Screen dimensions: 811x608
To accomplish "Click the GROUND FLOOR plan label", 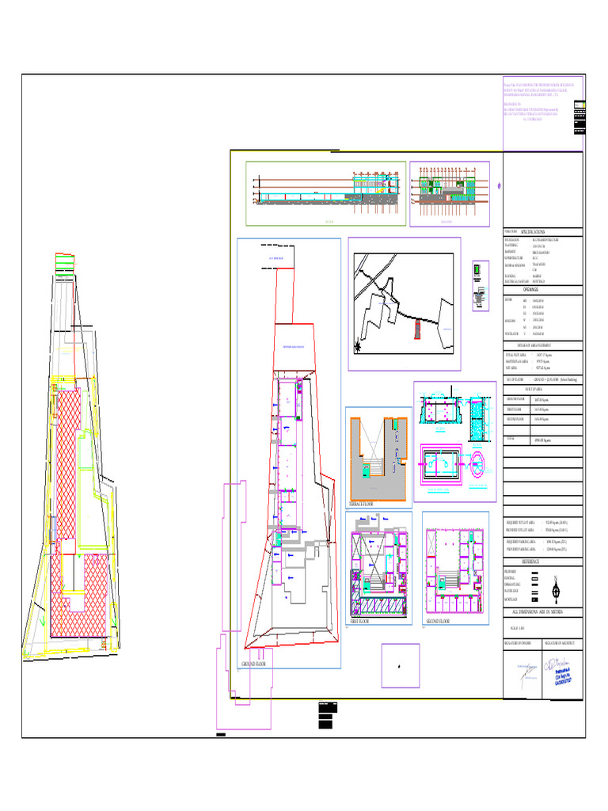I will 254,664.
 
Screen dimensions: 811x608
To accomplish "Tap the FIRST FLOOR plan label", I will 359,623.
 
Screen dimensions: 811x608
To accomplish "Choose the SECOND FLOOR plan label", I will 438,623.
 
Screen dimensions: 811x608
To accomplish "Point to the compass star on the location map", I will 359,346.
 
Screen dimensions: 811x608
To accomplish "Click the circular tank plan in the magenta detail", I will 479,463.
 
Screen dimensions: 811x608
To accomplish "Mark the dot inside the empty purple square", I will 399,666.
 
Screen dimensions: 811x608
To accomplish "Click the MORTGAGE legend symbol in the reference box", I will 535,600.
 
